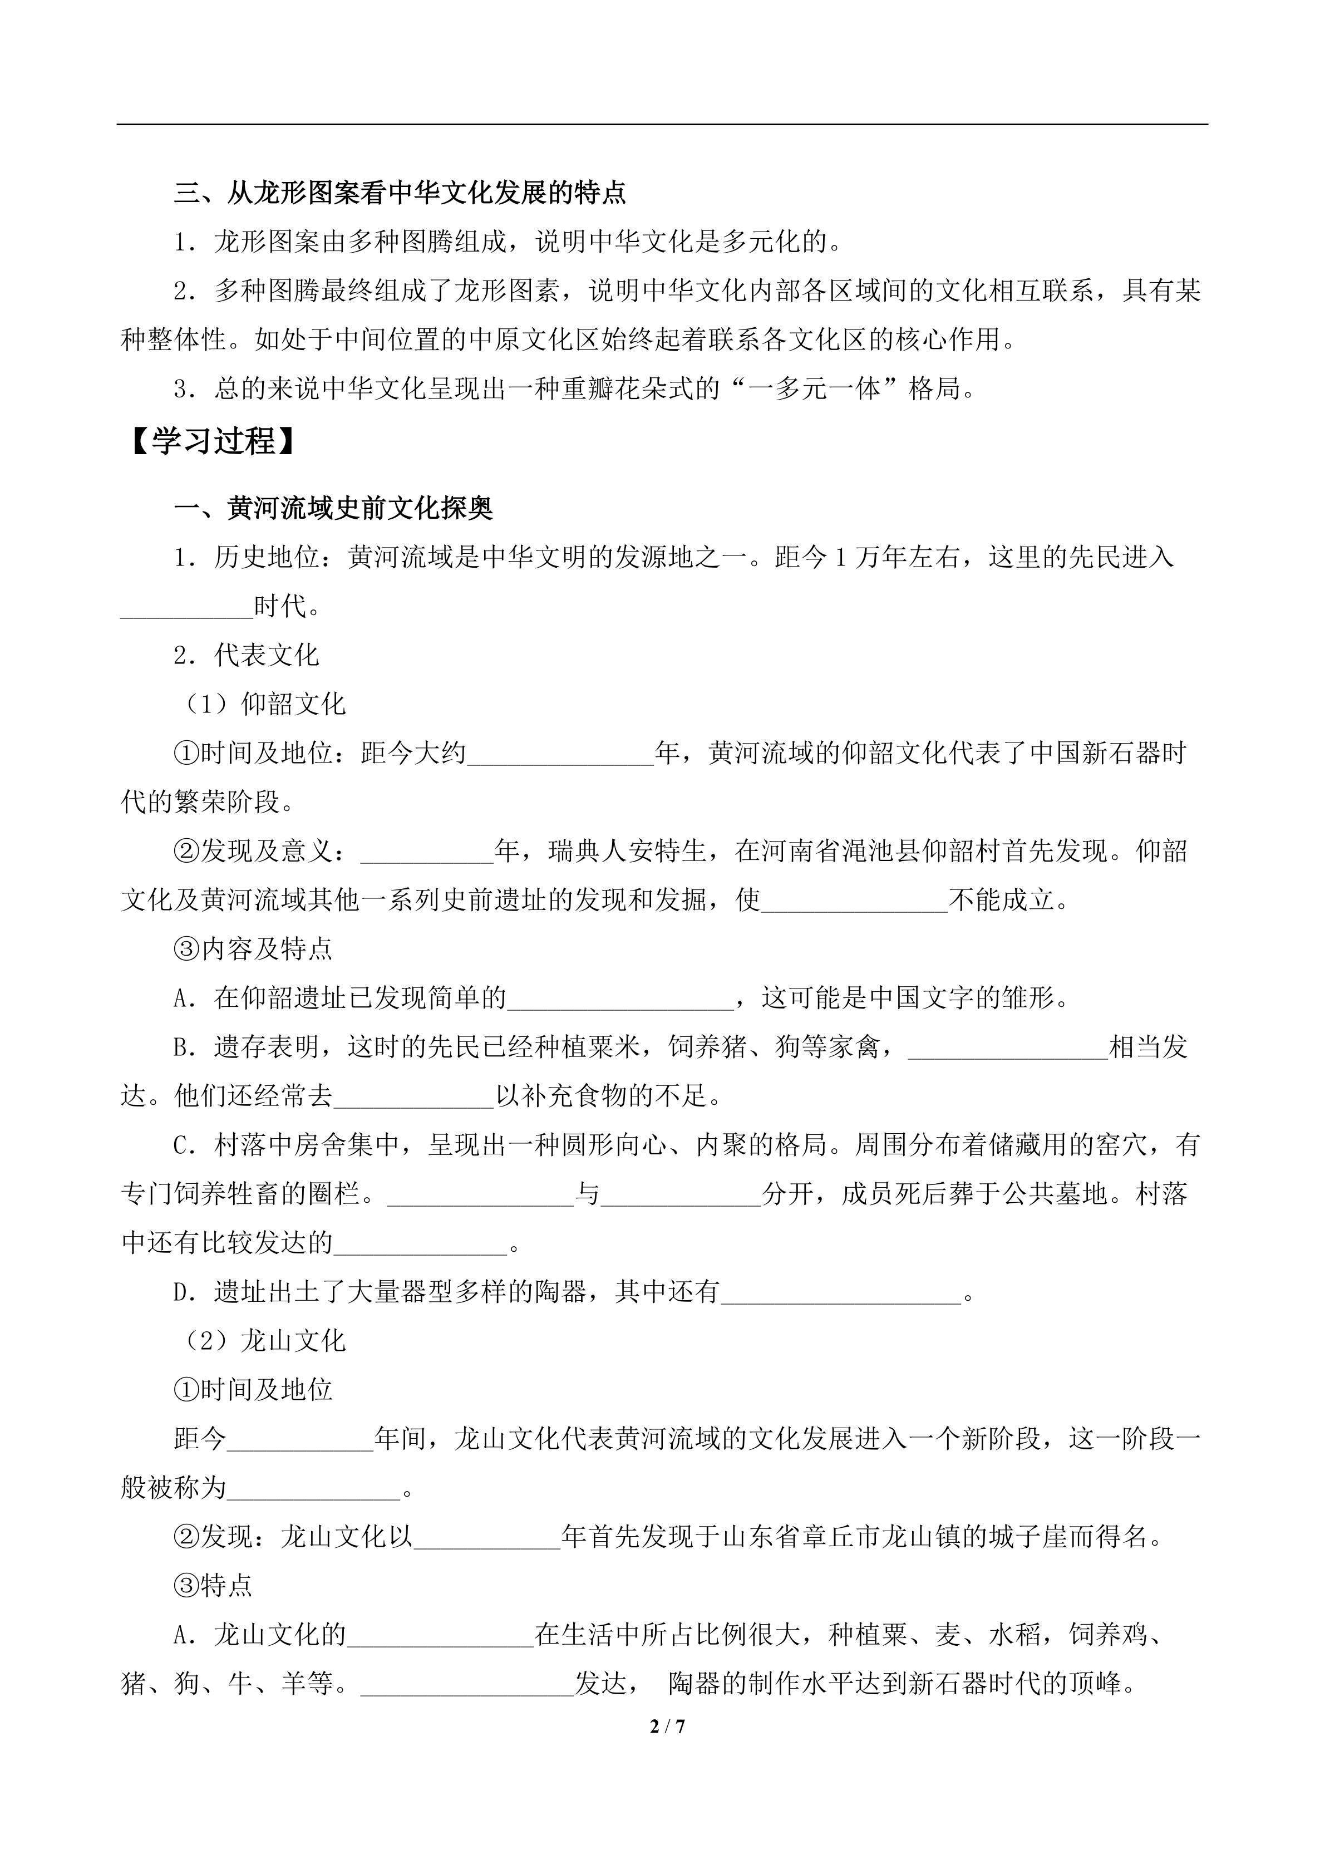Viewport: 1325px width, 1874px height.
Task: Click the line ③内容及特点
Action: pyautogui.click(x=253, y=948)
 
